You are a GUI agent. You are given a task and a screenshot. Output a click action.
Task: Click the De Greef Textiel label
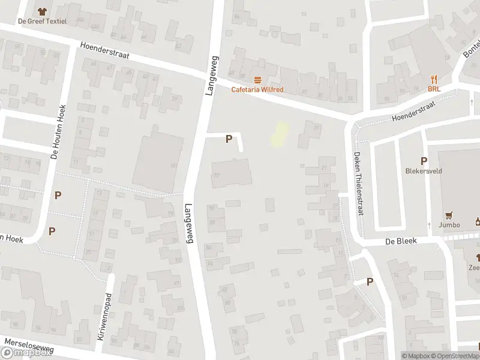(42, 21)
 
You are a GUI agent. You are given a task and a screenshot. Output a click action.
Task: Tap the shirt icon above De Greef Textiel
(41, 11)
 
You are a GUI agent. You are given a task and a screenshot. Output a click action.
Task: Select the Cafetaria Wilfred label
(257, 90)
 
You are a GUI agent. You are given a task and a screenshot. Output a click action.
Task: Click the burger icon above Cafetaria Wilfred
(257, 80)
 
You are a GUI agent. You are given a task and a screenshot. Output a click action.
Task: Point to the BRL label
(434, 89)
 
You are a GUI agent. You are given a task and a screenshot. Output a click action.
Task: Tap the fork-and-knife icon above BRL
(434, 79)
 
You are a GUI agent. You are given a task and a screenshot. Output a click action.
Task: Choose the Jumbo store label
(449, 225)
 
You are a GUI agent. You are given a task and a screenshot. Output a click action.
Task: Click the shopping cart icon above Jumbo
(449, 215)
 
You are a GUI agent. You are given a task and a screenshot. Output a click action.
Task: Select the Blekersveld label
(424, 170)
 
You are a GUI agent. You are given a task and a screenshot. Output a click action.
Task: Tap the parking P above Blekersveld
(424, 160)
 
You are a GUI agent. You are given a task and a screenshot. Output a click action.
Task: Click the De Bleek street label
(400, 240)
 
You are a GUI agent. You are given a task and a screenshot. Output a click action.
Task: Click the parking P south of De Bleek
(370, 281)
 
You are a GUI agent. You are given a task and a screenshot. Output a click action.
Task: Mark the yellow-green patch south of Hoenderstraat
(278, 134)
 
